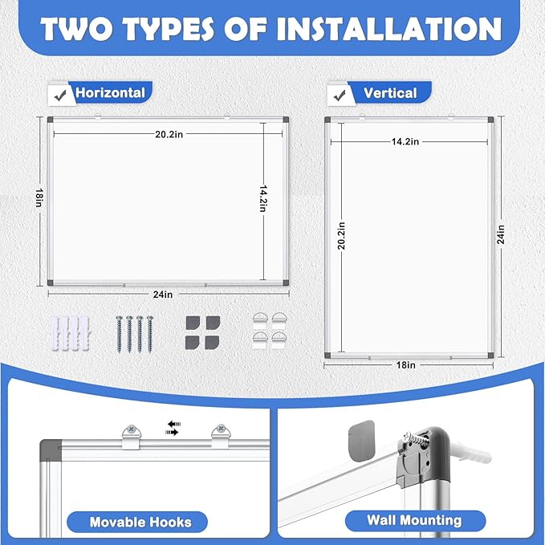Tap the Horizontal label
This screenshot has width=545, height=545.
110,92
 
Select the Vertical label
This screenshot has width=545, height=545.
390,93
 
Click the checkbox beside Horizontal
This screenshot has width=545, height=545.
58,94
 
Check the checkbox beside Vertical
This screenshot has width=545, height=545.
338,94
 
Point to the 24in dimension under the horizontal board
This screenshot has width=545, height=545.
164,295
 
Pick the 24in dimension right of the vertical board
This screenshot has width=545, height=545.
501,234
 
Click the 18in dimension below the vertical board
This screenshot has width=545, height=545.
406,365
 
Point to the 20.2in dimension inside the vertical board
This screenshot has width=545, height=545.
340,234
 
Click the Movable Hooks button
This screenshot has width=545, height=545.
140,522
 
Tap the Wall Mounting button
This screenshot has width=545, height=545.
404,522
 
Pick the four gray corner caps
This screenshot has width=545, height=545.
200,331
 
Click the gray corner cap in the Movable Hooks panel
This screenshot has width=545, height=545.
50,448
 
